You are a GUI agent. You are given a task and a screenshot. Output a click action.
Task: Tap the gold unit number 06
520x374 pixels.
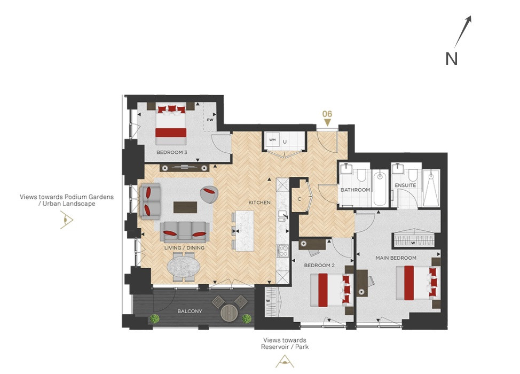[327, 114]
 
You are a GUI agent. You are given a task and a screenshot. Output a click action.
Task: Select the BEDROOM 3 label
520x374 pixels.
[172, 152]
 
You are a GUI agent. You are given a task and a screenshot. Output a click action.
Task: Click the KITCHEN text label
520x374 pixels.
[259, 202]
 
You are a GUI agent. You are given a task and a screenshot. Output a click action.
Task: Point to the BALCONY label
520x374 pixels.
[190, 311]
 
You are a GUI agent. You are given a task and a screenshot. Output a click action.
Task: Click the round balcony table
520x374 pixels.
[230, 312]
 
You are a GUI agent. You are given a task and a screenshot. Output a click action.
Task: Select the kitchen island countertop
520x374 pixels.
[245, 231]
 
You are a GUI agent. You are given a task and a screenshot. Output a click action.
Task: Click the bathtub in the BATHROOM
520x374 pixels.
[380, 188]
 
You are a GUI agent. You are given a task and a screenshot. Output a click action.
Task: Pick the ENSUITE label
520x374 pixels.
[405, 185]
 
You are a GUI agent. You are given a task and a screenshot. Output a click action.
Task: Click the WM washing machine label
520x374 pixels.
[272, 140]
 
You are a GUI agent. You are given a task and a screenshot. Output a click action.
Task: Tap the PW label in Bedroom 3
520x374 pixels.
[210, 120]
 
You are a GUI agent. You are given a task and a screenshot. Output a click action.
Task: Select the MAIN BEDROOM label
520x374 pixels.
[396, 258]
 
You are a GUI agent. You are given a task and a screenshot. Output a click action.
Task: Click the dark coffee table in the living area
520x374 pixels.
[185, 207]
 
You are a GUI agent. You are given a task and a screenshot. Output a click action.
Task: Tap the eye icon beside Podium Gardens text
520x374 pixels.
[67, 220]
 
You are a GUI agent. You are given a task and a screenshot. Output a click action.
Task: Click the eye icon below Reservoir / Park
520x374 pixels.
[285, 361]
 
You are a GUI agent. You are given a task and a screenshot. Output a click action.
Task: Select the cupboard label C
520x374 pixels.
[300, 199]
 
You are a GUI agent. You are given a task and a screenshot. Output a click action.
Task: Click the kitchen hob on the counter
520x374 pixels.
[283, 251]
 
